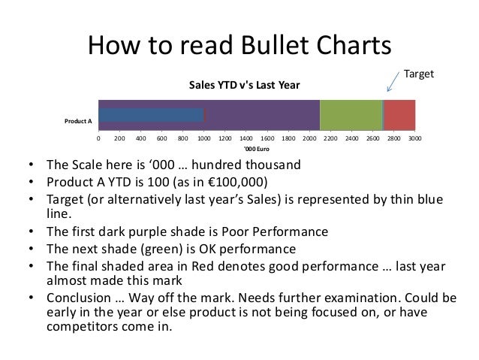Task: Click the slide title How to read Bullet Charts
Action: (x=239, y=47)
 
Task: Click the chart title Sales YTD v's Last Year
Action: (x=238, y=84)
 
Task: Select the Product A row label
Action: (x=77, y=119)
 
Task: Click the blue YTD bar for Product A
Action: (x=150, y=115)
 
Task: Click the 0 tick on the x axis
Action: (x=98, y=139)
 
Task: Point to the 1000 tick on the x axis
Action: (x=203, y=139)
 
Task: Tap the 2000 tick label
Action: (x=309, y=139)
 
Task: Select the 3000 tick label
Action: (x=414, y=139)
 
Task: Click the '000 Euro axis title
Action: (x=257, y=149)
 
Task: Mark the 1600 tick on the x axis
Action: (x=267, y=139)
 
